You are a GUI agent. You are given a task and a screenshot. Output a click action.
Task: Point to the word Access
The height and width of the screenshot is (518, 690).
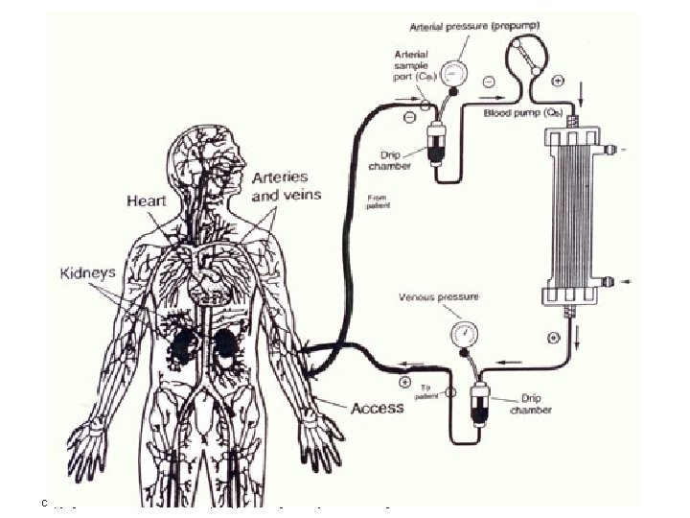(378, 408)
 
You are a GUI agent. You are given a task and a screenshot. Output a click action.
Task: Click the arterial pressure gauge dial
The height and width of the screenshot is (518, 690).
(459, 73)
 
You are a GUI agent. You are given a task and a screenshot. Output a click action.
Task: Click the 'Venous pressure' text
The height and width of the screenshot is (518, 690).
(439, 297)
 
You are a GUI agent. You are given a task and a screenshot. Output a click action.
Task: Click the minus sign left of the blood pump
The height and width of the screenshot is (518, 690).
(489, 82)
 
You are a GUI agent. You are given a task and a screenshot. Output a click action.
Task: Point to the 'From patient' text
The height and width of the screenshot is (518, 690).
(379, 202)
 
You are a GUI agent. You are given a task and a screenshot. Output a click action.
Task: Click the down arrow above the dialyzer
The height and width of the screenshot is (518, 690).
(582, 92)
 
